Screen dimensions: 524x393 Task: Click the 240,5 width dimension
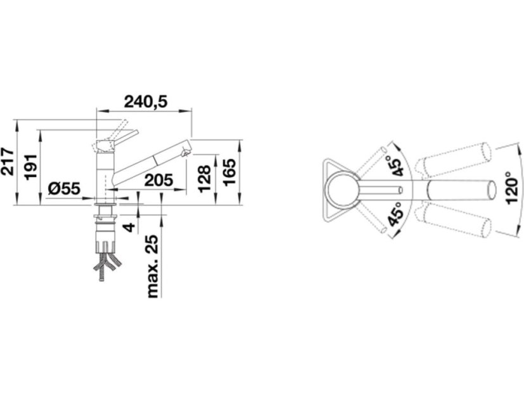pos(145,102)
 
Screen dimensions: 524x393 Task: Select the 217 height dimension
pos(8,161)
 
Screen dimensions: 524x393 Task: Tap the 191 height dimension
pos(31,167)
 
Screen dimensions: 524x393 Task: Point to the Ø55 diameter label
pos(64,189)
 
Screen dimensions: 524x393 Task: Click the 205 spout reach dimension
pos(159,180)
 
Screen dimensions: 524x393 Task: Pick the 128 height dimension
pos(204,179)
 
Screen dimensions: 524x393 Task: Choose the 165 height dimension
pos(229,172)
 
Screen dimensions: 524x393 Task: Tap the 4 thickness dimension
pos(129,227)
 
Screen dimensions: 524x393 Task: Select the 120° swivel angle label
pos(511,188)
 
